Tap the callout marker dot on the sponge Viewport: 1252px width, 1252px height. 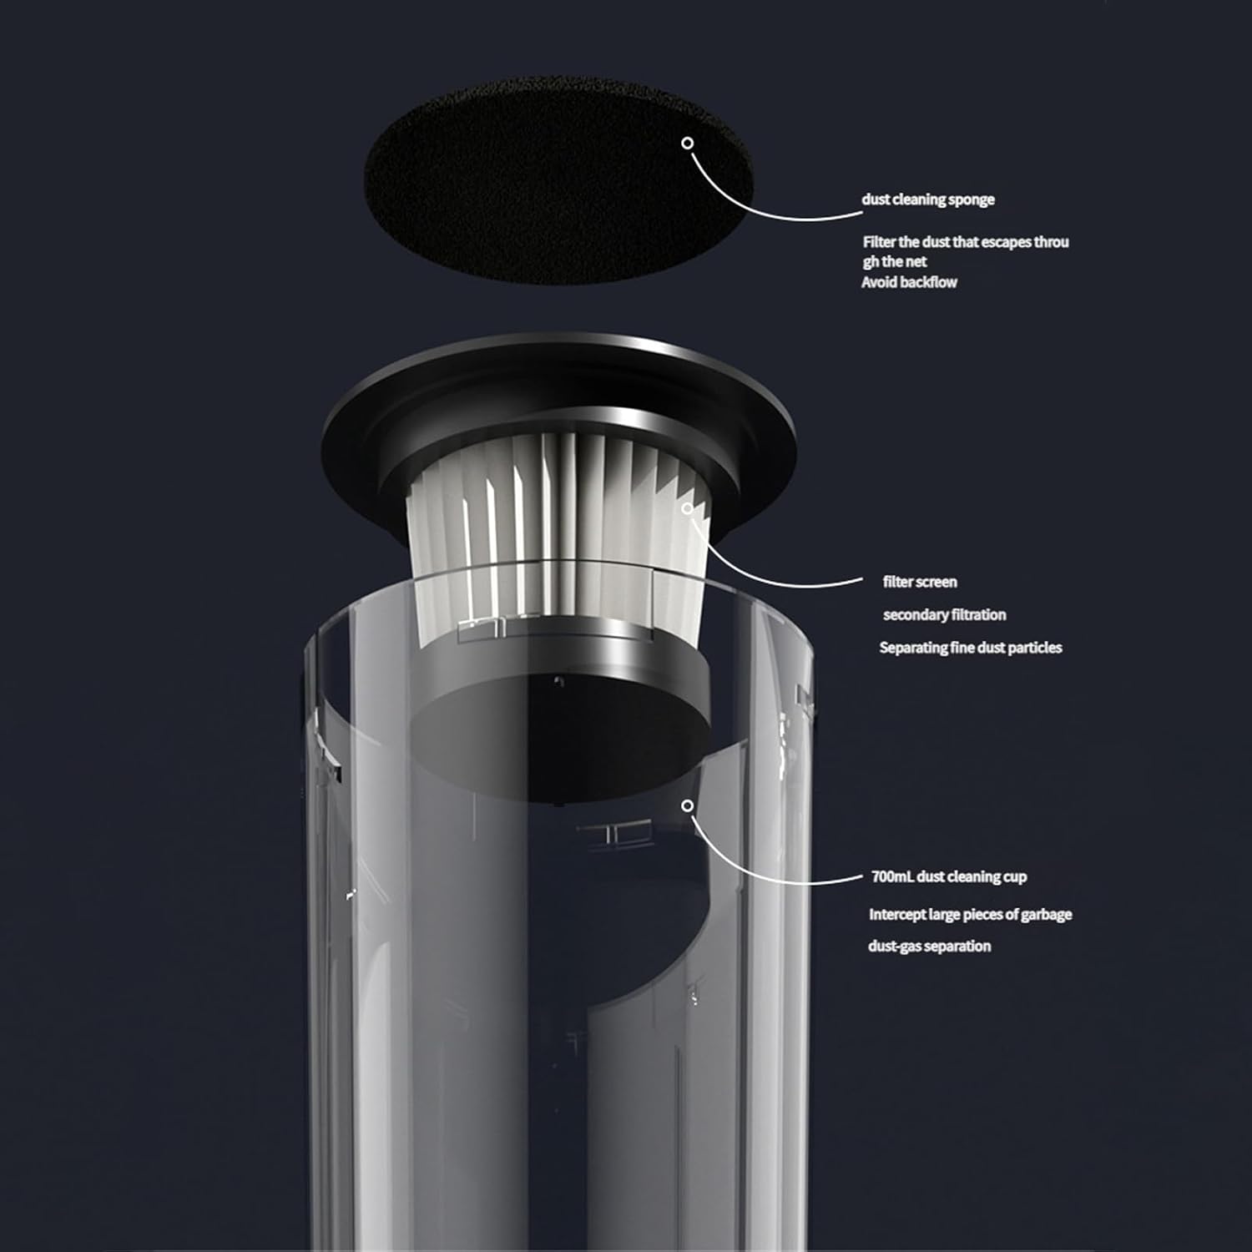688,143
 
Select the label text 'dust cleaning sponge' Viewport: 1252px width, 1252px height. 928,199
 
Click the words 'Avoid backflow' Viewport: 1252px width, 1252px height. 909,282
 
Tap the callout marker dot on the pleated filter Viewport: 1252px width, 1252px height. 688,507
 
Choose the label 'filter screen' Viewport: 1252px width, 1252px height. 920,582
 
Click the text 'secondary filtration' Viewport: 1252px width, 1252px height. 944,615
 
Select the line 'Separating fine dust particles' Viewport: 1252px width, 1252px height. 971,648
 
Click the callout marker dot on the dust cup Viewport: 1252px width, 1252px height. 688,805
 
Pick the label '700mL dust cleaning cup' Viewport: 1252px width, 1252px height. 948,876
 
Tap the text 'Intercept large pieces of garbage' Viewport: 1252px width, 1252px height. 970,915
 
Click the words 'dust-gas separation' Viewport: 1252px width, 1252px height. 929,947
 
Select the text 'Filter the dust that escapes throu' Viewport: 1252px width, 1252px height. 966,242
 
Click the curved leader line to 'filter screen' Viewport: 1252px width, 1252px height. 751,576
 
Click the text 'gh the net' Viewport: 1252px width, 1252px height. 895,262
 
